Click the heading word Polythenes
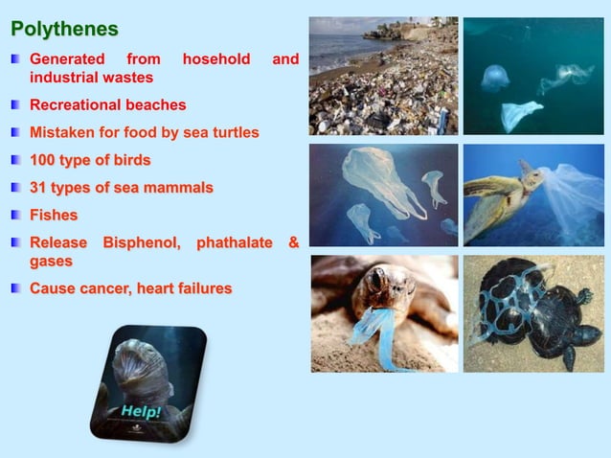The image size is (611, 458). (x=64, y=30)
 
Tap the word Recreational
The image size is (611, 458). (x=78, y=104)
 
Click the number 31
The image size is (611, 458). (x=39, y=188)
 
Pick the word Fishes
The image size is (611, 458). (x=54, y=216)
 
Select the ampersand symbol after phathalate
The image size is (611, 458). (x=293, y=243)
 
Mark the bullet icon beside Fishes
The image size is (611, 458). (x=16, y=216)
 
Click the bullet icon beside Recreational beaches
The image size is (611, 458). (x=16, y=104)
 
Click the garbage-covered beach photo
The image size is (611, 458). (x=383, y=76)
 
